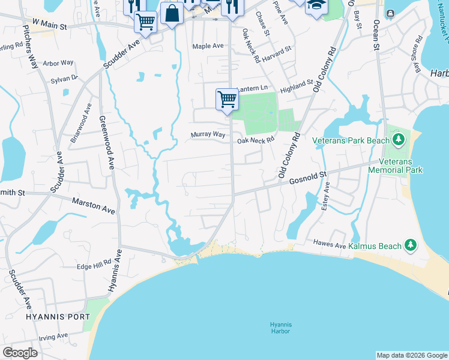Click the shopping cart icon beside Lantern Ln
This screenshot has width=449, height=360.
[227, 98]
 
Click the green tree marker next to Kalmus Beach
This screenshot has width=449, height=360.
[411, 244]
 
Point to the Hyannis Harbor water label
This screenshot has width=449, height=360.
[280, 328]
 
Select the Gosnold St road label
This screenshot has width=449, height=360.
[307, 178]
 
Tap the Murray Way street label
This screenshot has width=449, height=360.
[208, 135]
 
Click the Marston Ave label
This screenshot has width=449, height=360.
[94, 206]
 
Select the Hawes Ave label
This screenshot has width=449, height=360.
[330, 243]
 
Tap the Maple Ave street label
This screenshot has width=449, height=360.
[208, 46]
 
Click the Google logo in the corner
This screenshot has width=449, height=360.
[20, 353]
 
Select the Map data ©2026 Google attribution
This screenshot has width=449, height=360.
[411, 355]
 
